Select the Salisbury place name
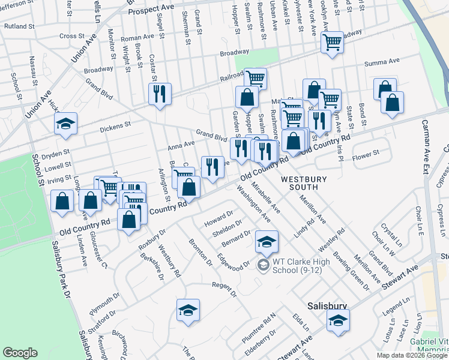327,305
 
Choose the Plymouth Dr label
104,305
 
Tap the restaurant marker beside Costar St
160,94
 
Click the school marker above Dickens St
65,124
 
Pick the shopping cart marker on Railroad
255,77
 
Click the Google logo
20,353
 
